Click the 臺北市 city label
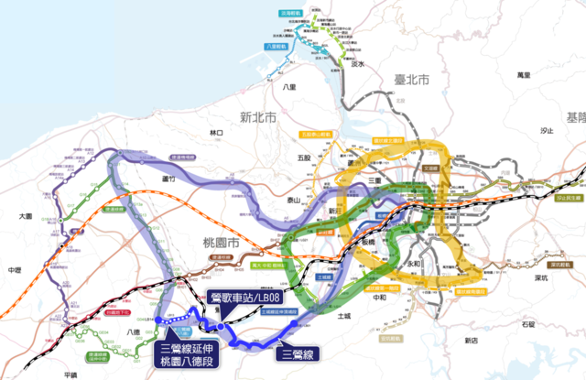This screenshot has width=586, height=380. (x=411, y=81)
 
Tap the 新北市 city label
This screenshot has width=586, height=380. (x=257, y=117)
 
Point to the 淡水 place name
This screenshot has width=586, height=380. (x=359, y=65)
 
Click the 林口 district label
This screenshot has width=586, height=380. (x=217, y=134)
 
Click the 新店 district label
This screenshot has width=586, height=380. (x=470, y=340)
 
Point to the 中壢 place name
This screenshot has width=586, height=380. (x=13, y=271)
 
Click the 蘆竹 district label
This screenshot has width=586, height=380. (x=168, y=179)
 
